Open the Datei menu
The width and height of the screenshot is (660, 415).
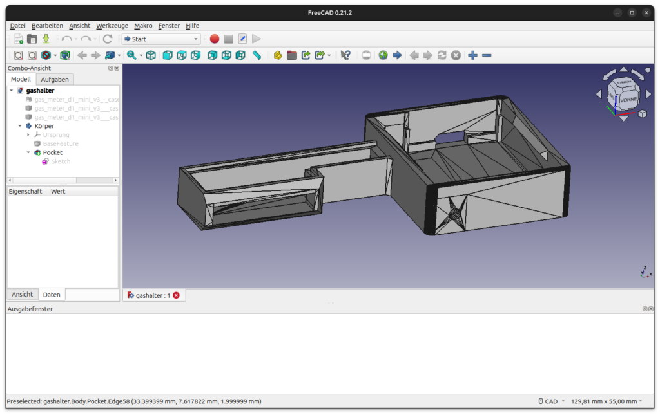click(17, 26)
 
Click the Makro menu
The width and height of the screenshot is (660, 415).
click(143, 26)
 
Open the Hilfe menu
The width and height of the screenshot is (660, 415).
click(192, 26)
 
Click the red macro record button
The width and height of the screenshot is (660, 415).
click(215, 39)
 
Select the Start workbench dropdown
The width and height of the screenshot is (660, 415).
click(161, 39)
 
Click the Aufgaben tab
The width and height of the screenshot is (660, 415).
click(55, 79)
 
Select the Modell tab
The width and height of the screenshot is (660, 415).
click(21, 79)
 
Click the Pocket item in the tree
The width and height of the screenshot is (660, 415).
click(52, 152)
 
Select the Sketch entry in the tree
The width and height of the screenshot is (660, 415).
click(61, 161)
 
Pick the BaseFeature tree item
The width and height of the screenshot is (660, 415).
click(61, 143)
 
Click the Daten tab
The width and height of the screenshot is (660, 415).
click(52, 295)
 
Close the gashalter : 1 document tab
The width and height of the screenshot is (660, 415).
click(176, 295)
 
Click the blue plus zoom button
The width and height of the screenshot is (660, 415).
click(472, 55)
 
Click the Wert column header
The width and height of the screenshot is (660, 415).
click(58, 191)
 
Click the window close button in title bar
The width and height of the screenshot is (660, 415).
click(646, 13)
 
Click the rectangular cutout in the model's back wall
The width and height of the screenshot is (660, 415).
click(451, 137)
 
